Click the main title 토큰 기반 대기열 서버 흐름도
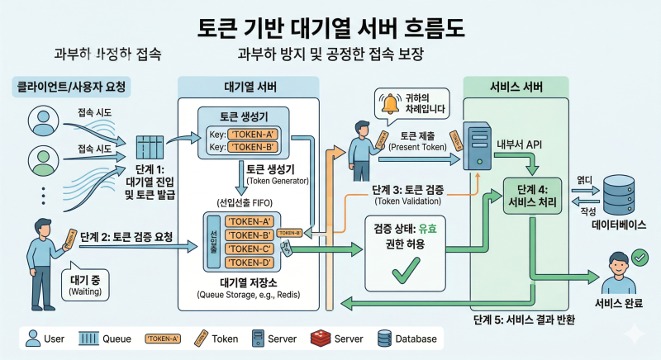[330, 26]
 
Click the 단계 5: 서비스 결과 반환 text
[525, 319]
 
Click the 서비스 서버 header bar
[516, 86]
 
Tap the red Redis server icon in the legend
[320, 338]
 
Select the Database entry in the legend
[408, 339]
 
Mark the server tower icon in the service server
[478, 143]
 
